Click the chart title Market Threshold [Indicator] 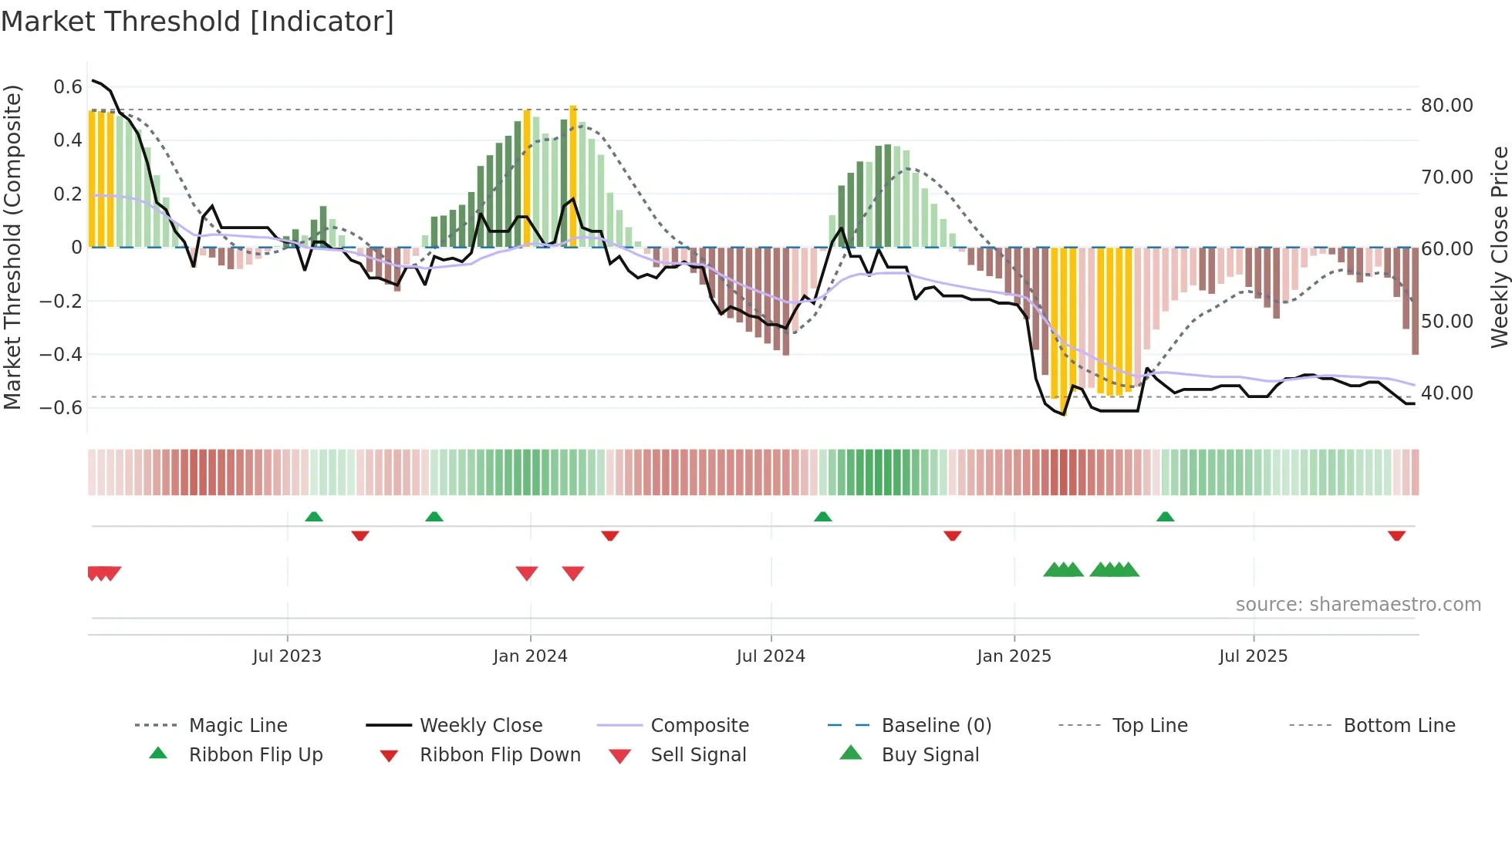(x=197, y=22)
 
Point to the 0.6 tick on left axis (x=68, y=87)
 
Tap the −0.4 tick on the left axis (x=61, y=355)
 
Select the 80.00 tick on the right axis (x=1446, y=106)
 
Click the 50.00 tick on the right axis (x=1446, y=322)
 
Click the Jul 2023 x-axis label (x=287, y=656)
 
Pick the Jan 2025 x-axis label (x=1014, y=656)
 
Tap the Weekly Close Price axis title (x=1499, y=247)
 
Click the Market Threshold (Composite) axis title (x=12, y=247)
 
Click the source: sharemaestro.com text (x=1358, y=605)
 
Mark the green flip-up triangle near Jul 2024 (x=823, y=517)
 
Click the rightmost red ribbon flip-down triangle (x=1396, y=535)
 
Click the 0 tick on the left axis (x=76, y=248)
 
